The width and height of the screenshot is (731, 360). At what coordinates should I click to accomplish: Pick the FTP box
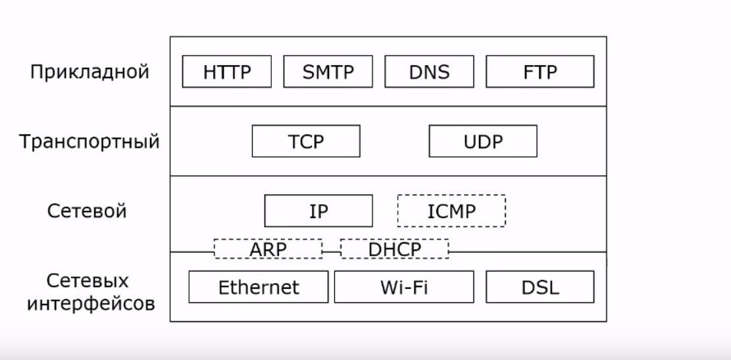coord(540,72)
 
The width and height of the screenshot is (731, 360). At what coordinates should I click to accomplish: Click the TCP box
coord(306,141)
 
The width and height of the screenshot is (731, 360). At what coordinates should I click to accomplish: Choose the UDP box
coord(482,141)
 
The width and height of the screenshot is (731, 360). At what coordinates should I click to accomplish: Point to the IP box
coord(318,211)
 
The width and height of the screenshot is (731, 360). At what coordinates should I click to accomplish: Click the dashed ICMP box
coord(451,211)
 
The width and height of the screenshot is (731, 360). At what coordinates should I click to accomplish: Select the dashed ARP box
coord(268,249)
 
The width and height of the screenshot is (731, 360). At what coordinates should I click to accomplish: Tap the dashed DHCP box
coord(394,249)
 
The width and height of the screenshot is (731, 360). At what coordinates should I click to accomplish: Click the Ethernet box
coord(259,288)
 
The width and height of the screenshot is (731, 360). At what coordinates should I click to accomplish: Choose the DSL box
coord(540,288)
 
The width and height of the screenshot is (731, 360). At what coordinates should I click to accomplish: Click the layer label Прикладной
coord(89,72)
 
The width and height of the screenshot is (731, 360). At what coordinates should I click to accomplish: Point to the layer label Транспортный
coord(89,141)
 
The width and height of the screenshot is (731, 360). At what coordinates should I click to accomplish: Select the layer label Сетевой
coord(87,211)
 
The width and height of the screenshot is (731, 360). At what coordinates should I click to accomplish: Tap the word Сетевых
coord(88,281)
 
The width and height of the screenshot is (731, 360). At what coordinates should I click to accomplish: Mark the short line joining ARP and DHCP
coord(331,251)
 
